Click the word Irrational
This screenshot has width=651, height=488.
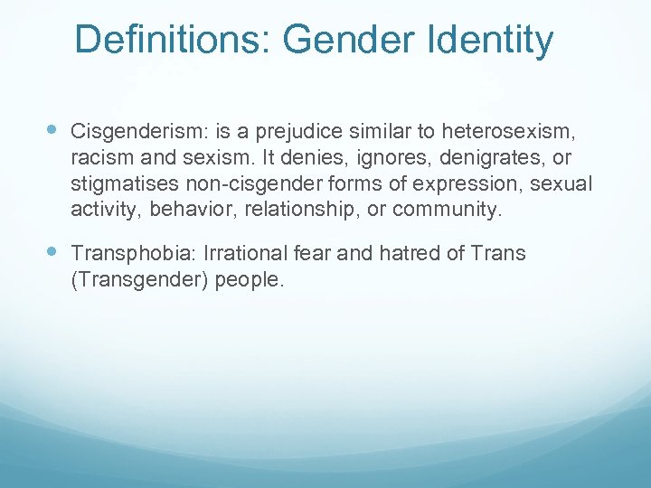(236, 254)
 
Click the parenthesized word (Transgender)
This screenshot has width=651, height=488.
(137, 280)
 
